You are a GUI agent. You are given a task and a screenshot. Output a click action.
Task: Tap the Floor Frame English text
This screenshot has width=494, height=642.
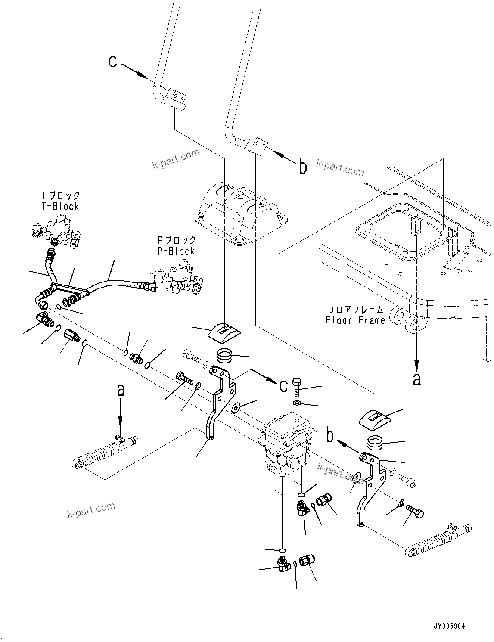point(355,320)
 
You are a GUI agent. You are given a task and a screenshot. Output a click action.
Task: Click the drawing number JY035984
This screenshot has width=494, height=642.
point(449,626)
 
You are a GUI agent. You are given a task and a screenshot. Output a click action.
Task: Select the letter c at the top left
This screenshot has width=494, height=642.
point(113,62)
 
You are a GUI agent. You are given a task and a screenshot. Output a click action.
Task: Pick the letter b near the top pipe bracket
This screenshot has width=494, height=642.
point(303,167)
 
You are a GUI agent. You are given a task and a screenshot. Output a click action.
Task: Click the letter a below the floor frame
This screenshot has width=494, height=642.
point(416,379)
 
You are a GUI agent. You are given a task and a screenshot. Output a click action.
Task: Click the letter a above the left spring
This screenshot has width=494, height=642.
point(121,391)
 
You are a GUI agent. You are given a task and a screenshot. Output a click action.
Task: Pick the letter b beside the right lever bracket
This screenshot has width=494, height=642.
point(330,436)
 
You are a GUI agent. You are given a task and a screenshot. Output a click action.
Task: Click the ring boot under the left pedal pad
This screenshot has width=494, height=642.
point(225,356)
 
